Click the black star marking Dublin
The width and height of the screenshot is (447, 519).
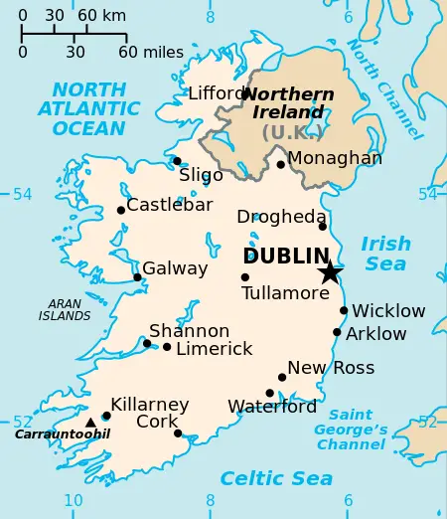tap(330, 272)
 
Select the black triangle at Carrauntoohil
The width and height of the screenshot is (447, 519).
tap(90, 423)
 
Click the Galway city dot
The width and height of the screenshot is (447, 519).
tap(137, 277)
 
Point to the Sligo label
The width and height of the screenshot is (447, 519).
tap(201, 176)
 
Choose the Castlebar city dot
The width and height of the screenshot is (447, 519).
tap(121, 210)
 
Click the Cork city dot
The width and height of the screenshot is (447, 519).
tap(178, 433)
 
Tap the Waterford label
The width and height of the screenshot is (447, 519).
tap(272, 407)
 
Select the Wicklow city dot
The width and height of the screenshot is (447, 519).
tap(344, 310)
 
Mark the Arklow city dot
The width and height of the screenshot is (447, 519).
tap(338, 332)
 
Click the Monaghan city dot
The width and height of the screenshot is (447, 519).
tap(281, 165)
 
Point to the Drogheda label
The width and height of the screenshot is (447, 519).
tap(281, 217)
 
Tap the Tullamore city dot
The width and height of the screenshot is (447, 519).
tap(245, 277)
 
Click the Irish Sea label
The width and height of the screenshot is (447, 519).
tap(385, 254)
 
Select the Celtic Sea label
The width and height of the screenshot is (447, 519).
tap(276, 479)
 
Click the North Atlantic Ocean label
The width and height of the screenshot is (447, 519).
tap(88, 109)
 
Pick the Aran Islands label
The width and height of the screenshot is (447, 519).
tap(65, 310)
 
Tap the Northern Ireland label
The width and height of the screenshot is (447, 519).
tap(289, 103)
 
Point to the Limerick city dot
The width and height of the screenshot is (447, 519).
tap(167, 347)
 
